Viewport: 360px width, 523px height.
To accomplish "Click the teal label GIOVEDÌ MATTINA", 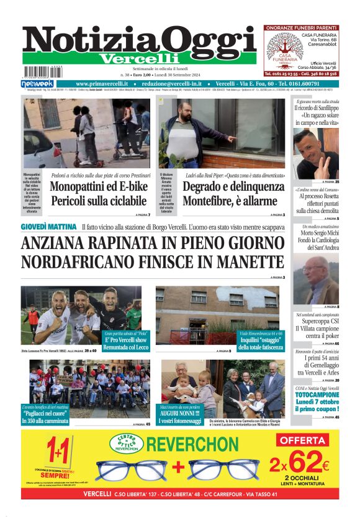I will (x=48, y=227).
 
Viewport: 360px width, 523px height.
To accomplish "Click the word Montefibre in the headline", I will (x=212, y=201).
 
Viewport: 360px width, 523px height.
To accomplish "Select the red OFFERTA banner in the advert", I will (x=303, y=440).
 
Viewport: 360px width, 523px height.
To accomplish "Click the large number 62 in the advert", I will (x=307, y=463).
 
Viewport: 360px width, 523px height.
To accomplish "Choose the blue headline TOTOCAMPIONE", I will (x=317, y=394).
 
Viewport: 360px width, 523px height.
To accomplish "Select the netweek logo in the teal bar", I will (x=37, y=83).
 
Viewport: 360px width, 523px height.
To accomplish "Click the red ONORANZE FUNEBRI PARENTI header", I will (x=301, y=28).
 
